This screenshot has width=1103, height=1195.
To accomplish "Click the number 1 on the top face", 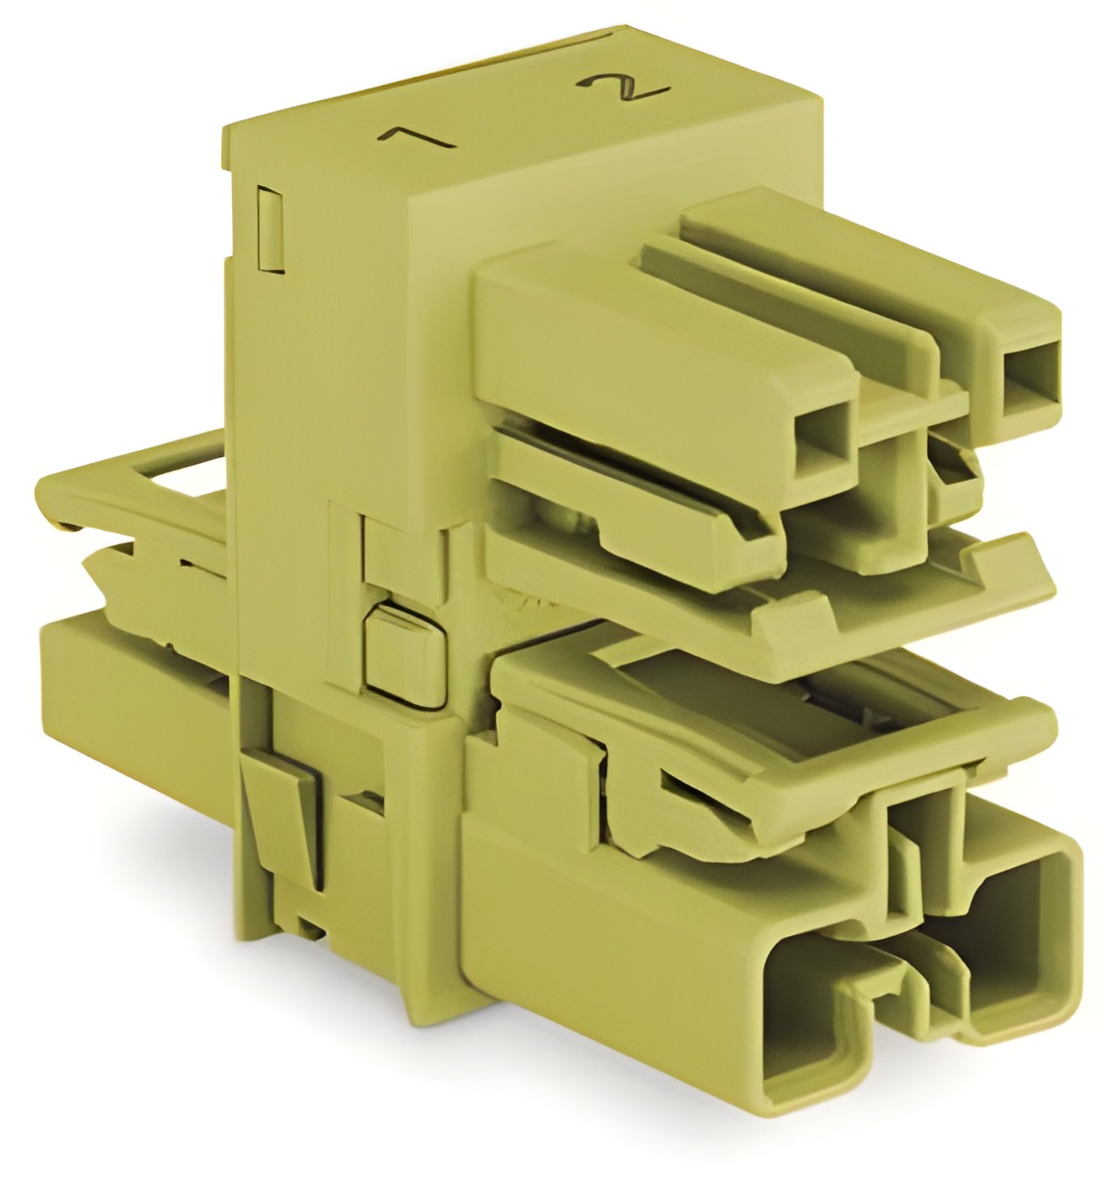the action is click(x=415, y=140).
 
